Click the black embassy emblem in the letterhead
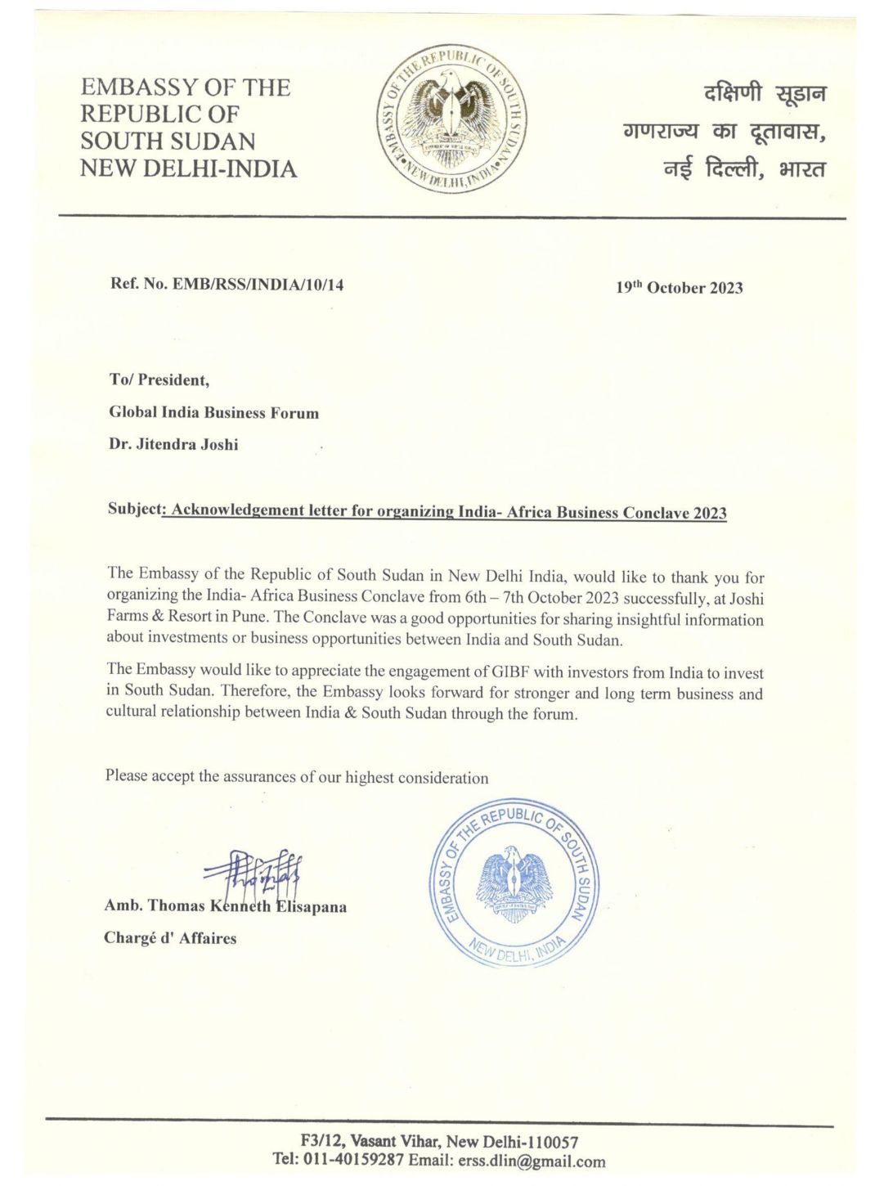tap(451, 119)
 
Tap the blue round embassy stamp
tap(514, 882)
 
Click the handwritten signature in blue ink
tap(254, 876)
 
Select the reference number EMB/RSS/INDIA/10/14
tap(258, 285)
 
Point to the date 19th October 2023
tap(679, 287)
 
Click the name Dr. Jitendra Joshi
tap(173, 445)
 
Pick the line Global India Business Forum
tap(213, 412)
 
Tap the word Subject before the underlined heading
tap(135, 508)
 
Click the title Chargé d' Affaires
tap(170, 938)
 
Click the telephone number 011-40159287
tap(353, 1160)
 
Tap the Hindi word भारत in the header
tap(802, 170)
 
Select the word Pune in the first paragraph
tap(248, 617)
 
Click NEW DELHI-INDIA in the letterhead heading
tap(188, 168)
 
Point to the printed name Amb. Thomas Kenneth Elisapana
tap(225, 906)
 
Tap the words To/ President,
tap(159, 380)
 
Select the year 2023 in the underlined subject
tap(710, 513)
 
